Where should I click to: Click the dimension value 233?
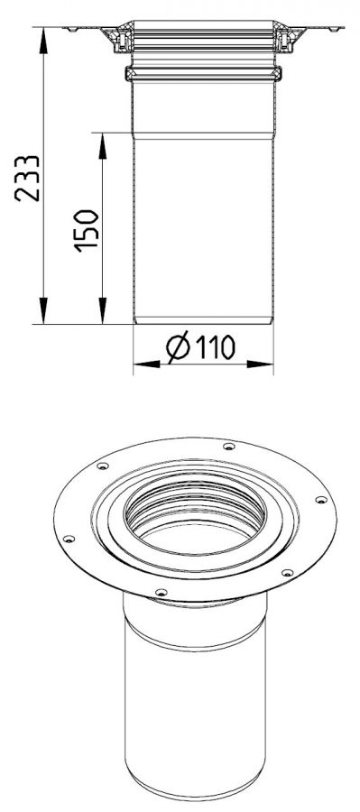27,178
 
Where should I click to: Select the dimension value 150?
86,231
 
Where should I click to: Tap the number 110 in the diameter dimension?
215,347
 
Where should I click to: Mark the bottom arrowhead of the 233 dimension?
43,310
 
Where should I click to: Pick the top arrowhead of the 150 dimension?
103,146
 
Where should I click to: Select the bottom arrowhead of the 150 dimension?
103,310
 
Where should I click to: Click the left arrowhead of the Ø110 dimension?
147,364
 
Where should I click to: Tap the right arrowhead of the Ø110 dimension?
260,364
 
